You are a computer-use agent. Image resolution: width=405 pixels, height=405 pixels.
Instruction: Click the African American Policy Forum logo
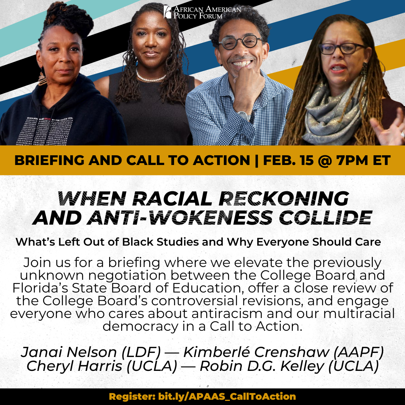pos(202,12)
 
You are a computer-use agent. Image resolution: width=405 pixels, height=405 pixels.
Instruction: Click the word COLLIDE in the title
pos(325,217)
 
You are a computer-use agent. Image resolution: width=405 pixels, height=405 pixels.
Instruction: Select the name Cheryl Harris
pos(74,366)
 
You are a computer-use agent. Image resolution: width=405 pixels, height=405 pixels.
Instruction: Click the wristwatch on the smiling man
pos(244,115)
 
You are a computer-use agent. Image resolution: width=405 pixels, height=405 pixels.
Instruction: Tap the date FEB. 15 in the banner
pos(288,160)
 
